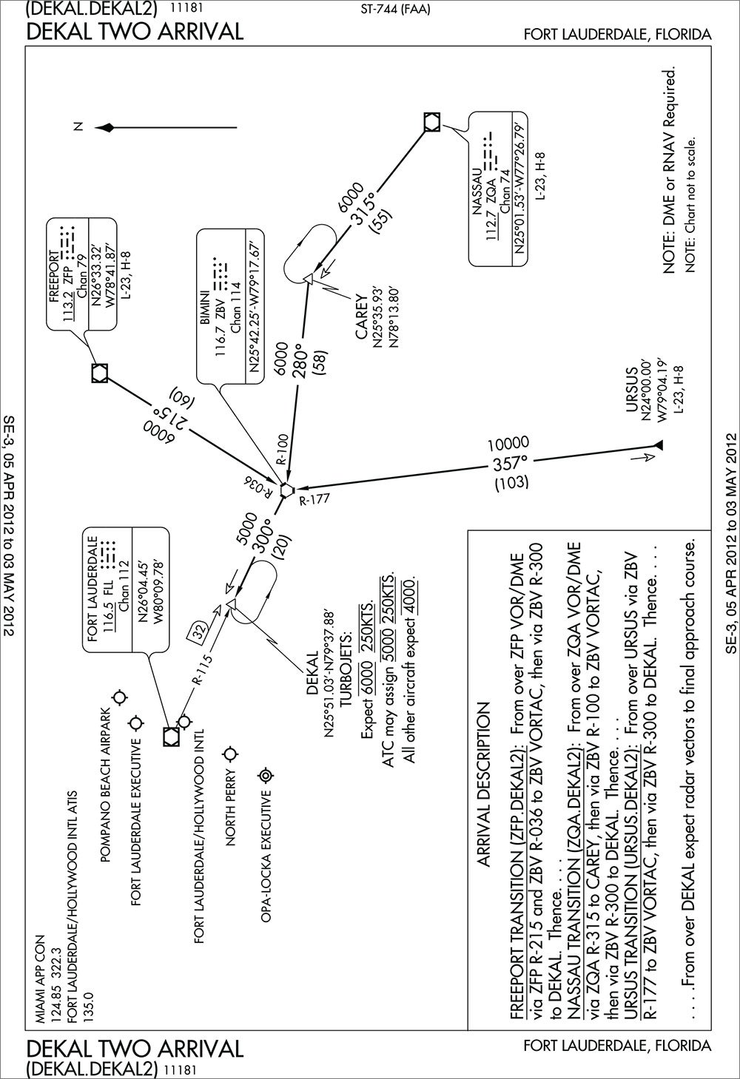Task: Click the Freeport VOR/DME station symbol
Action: pyautogui.click(x=98, y=373)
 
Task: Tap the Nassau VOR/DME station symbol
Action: pyautogui.click(x=432, y=122)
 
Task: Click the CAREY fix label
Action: pyautogui.click(x=360, y=317)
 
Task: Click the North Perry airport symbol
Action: pyautogui.click(x=231, y=753)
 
